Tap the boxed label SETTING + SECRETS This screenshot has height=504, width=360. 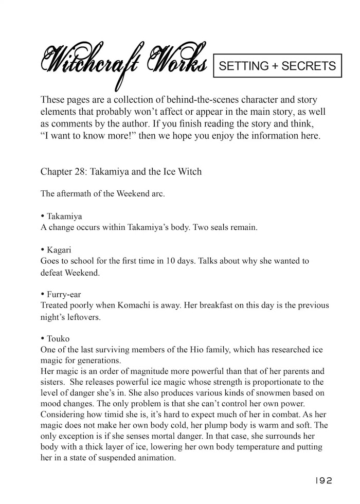coord(277,66)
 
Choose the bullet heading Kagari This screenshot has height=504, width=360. coord(60,249)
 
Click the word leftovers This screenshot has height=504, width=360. coord(83,317)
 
